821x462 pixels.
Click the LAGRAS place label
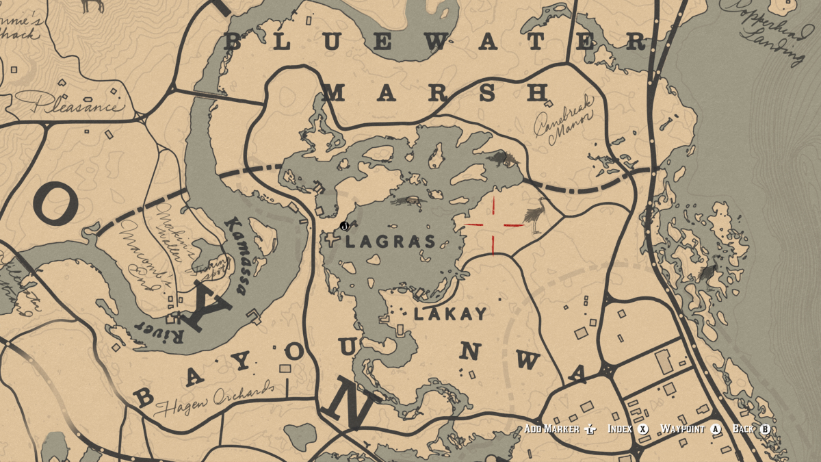[391, 242]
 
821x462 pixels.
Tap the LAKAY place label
[450, 314]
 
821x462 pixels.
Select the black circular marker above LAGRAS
[344, 226]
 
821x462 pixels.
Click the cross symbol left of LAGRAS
[333, 239]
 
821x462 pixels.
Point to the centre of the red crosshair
[493, 224]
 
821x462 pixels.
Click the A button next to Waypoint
[716, 429]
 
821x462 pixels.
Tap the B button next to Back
[765, 429]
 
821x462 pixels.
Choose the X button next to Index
[642, 429]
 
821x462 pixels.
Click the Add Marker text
[553, 429]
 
